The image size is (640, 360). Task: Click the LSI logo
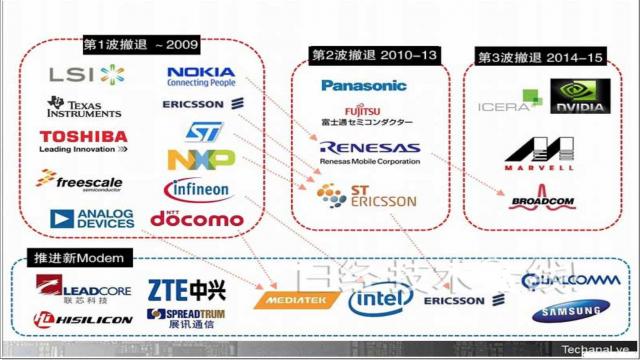(88, 74)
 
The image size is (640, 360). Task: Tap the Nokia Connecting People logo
(202, 75)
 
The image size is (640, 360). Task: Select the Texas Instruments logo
(84, 108)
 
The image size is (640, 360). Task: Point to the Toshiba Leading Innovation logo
(84, 141)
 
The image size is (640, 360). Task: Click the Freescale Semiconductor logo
(80, 180)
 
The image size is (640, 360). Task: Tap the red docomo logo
(197, 217)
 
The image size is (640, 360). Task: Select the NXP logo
(201, 159)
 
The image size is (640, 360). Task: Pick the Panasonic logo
(364, 85)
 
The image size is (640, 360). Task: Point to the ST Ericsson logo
(365, 196)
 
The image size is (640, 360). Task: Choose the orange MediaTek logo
(290, 299)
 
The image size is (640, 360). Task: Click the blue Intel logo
(381, 298)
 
